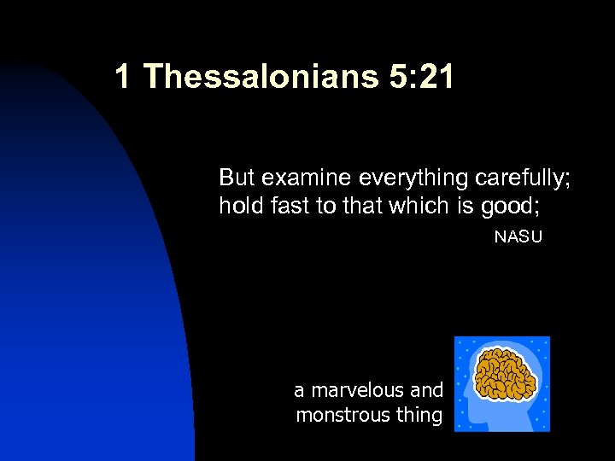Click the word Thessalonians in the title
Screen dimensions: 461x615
(x=261, y=78)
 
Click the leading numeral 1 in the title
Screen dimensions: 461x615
(x=123, y=78)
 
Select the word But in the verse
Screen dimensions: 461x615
(x=237, y=178)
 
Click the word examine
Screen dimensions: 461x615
(x=307, y=178)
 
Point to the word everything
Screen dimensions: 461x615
(x=413, y=178)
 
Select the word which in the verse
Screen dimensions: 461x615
(x=413, y=206)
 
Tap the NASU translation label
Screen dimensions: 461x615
(x=518, y=236)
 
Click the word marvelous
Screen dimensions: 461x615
(x=358, y=391)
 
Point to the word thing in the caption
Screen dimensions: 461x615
(x=419, y=416)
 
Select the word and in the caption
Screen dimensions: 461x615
(x=427, y=391)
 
